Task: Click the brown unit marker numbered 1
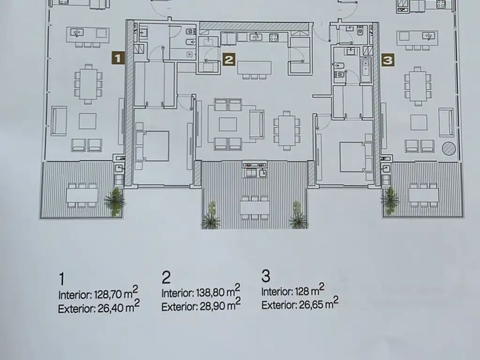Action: (x=118, y=58)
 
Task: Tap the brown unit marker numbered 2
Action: (x=229, y=60)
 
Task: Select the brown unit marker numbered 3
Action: (x=388, y=60)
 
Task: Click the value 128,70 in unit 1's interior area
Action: (x=108, y=294)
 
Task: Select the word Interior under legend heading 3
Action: (x=277, y=292)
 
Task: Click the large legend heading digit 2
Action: (x=166, y=277)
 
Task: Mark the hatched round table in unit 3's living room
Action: (x=449, y=149)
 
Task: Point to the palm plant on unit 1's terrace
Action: (x=115, y=201)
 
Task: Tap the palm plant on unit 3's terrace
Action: (x=390, y=200)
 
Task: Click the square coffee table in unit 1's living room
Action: (x=88, y=121)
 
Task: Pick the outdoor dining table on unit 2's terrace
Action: (x=255, y=208)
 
